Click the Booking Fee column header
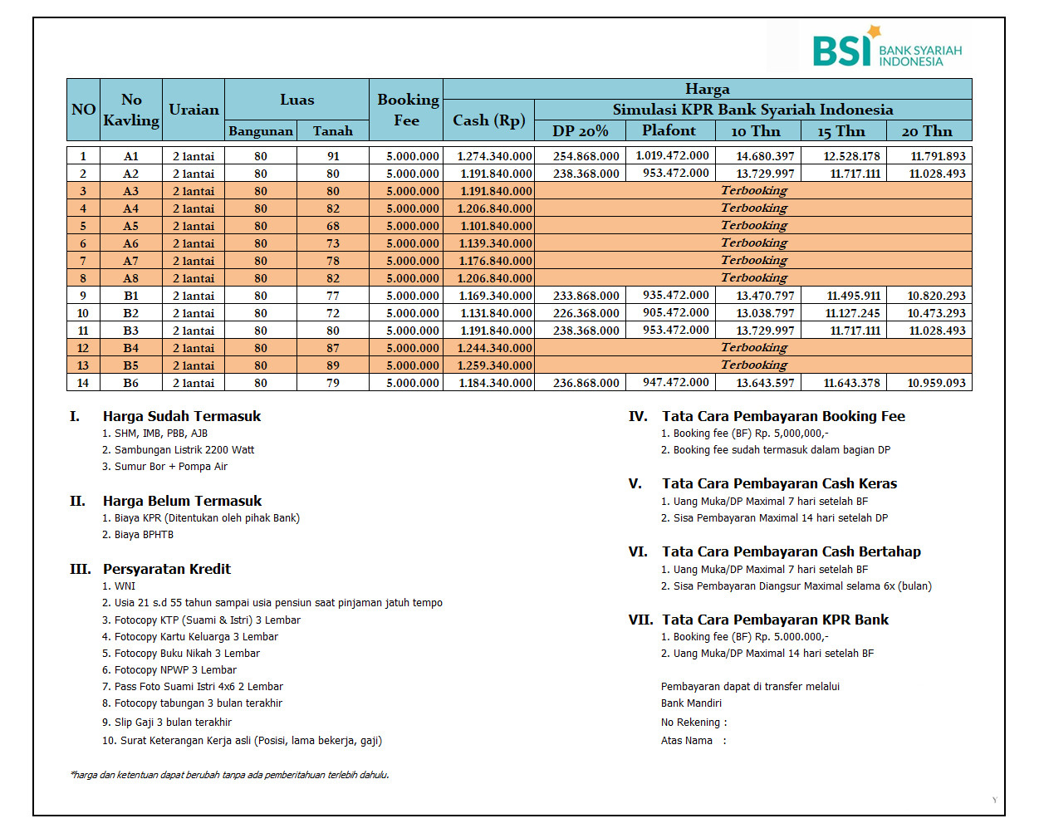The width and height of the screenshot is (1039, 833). point(407,110)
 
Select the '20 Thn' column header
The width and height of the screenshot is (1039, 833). point(927,131)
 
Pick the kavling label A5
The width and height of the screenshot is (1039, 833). point(131,226)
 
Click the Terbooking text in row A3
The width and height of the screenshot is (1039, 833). point(753,191)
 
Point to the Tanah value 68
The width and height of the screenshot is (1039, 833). point(333,226)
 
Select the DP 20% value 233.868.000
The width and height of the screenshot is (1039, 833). point(586,296)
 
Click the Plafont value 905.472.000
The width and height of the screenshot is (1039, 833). point(675,313)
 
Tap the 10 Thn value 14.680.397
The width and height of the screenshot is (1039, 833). point(765,156)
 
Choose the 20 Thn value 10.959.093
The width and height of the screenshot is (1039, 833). point(936,383)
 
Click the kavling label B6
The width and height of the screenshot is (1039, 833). point(131,383)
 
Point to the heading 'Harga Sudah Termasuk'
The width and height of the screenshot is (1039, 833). point(182,416)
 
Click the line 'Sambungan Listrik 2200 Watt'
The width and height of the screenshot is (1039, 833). point(184,450)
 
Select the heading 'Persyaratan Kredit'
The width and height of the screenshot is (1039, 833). point(167,569)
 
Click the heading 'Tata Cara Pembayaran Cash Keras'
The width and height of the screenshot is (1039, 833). point(779,483)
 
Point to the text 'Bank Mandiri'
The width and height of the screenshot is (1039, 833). point(691,703)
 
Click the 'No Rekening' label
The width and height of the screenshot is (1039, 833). point(691,723)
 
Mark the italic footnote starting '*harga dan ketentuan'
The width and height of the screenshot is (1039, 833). point(229,775)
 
